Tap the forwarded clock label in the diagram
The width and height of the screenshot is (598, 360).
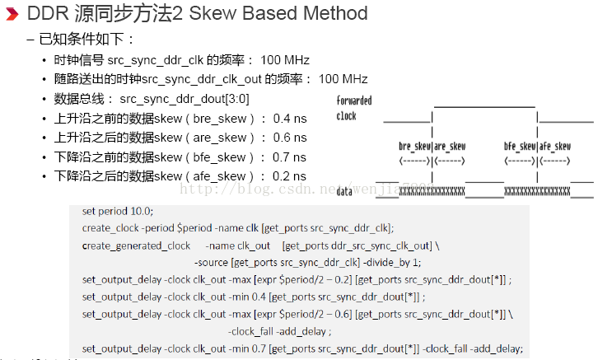pyautogui.click(x=353, y=108)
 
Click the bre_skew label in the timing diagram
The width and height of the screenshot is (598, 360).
pyautogui.click(x=413, y=147)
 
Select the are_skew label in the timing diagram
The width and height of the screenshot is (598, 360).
pyautogui.click(x=451, y=147)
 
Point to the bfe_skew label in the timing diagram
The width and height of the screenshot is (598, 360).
pyautogui.click(x=521, y=147)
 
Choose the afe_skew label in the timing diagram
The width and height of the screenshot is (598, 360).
pyautogui.click(x=556, y=147)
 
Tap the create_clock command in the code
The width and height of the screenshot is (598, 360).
pyautogui.click(x=111, y=227)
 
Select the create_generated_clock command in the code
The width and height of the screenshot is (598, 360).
pyautogui.click(x=136, y=245)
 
